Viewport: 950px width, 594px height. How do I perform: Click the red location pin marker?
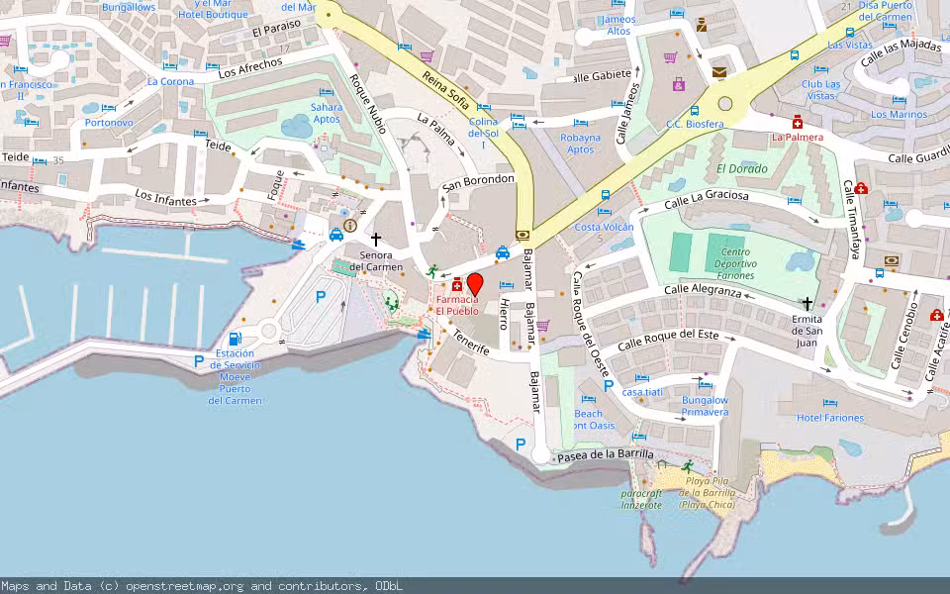tap(474, 284)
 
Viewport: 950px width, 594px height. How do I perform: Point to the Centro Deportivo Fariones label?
tap(732, 263)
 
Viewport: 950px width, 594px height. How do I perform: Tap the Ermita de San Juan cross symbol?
tap(807, 304)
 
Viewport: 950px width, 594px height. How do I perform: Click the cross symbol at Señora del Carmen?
tap(375, 239)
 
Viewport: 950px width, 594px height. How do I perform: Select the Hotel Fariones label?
tap(829, 418)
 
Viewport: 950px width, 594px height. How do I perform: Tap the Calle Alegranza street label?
tap(703, 290)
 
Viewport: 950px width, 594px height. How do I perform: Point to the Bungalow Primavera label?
tap(705, 406)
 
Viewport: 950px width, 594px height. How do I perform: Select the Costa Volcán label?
tap(604, 228)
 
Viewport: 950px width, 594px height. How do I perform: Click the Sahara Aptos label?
tap(327, 113)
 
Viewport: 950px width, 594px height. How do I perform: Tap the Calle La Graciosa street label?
tap(706, 201)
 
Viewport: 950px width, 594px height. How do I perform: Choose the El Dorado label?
tap(742, 169)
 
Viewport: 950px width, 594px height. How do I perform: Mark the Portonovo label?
tap(109, 123)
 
